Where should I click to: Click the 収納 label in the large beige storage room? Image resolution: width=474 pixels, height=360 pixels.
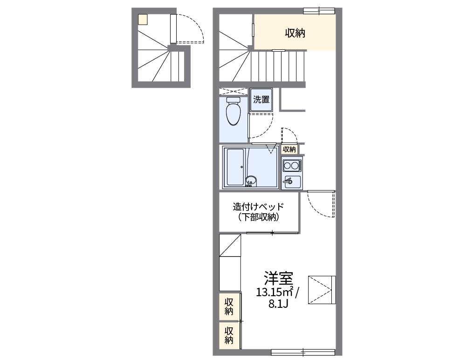[x=295, y=33]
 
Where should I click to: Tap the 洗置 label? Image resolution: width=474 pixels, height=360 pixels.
[x=261, y=99]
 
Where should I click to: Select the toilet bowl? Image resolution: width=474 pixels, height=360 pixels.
[x=233, y=112]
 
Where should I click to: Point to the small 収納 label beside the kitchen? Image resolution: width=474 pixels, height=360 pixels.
[x=289, y=149]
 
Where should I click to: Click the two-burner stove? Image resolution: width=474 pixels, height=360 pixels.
[x=291, y=165]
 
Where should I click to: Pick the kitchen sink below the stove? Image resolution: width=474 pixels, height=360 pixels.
[x=291, y=181]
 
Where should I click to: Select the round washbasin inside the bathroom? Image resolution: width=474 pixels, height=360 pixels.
[x=251, y=181]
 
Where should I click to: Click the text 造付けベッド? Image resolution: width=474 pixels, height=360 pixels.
[x=259, y=206]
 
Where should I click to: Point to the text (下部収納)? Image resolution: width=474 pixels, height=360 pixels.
[x=259, y=217]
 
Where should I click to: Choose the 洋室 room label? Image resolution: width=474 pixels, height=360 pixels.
[x=278, y=278]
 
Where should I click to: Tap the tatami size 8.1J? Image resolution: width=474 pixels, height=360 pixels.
[x=278, y=304]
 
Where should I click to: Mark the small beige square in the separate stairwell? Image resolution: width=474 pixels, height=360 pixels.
[x=143, y=19]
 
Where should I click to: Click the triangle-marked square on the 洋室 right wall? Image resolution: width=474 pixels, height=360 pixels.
[x=322, y=290]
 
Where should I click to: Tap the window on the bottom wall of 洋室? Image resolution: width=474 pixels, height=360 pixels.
[x=303, y=352]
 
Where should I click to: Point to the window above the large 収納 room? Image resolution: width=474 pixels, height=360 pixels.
[x=319, y=10]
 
